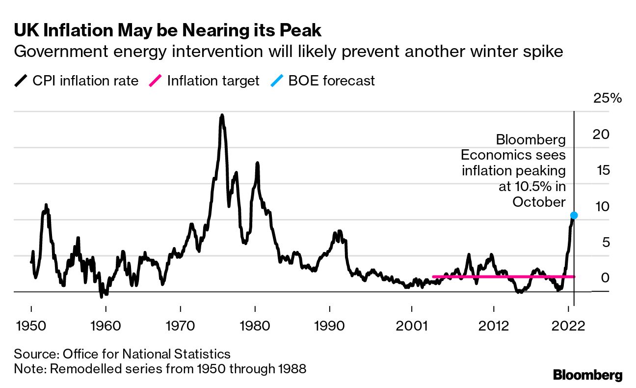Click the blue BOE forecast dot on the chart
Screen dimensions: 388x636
point(574,215)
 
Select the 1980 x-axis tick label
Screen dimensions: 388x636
point(255,326)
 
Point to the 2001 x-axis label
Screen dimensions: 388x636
point(411,326)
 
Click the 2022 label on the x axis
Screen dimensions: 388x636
point(568,326)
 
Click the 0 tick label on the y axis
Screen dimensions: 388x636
point(606,278)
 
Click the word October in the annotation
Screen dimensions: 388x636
point(539,201)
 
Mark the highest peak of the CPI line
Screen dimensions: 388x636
point(222,116)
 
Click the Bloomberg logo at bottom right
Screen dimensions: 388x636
point(588,375)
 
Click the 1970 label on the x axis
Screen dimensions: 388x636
point(181,326)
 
